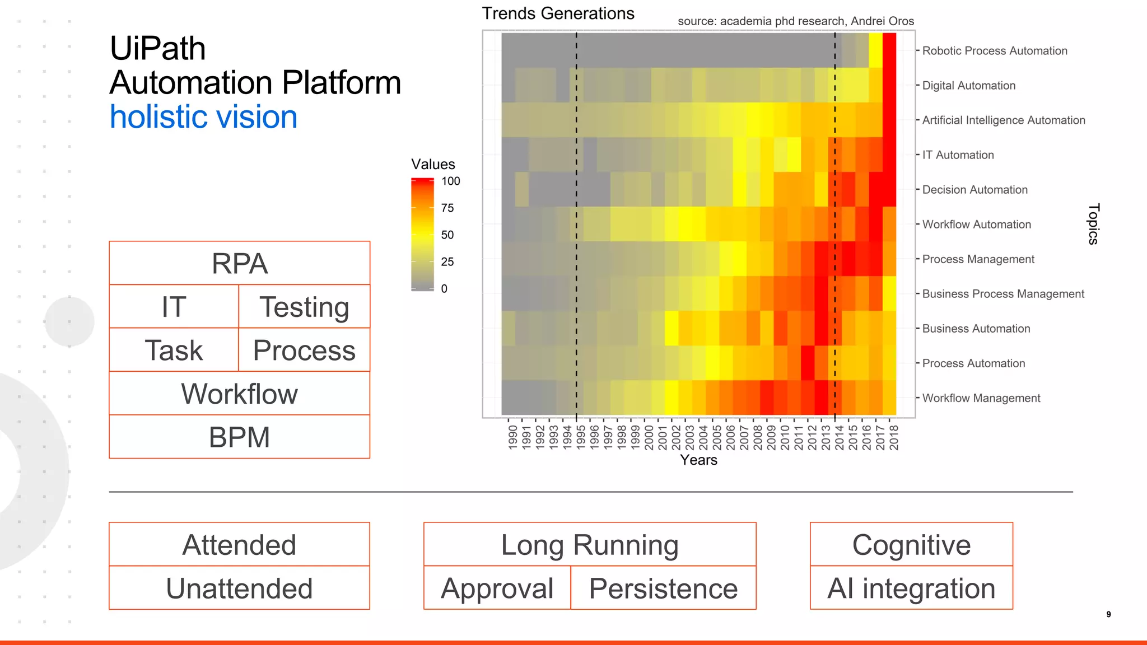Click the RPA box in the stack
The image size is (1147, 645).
pos(239,263)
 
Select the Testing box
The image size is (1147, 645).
pos(304,307)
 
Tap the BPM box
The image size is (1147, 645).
pos(239,437)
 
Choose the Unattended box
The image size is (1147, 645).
pos(239,588)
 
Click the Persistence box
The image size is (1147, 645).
pos(663,588)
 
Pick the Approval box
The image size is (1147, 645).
pos(497,588)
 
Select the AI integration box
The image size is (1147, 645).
pos(911,588)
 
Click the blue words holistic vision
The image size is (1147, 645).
pos(203,117)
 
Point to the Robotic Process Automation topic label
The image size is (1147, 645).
pos(994,51)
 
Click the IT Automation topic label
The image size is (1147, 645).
pos(958,155)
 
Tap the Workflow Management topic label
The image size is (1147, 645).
pos(981,398)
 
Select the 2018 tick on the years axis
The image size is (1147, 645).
pos(894,437)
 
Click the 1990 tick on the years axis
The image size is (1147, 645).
pos(512,437)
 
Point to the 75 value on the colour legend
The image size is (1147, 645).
pos(447,208)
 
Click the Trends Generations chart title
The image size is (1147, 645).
pos(558,13)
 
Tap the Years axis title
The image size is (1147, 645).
pos(698,460)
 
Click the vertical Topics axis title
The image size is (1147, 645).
pos(1093,224)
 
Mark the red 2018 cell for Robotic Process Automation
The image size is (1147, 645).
pos(889,50)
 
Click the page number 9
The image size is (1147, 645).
pos(1108,614)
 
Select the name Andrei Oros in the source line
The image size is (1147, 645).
pos(882,21)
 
